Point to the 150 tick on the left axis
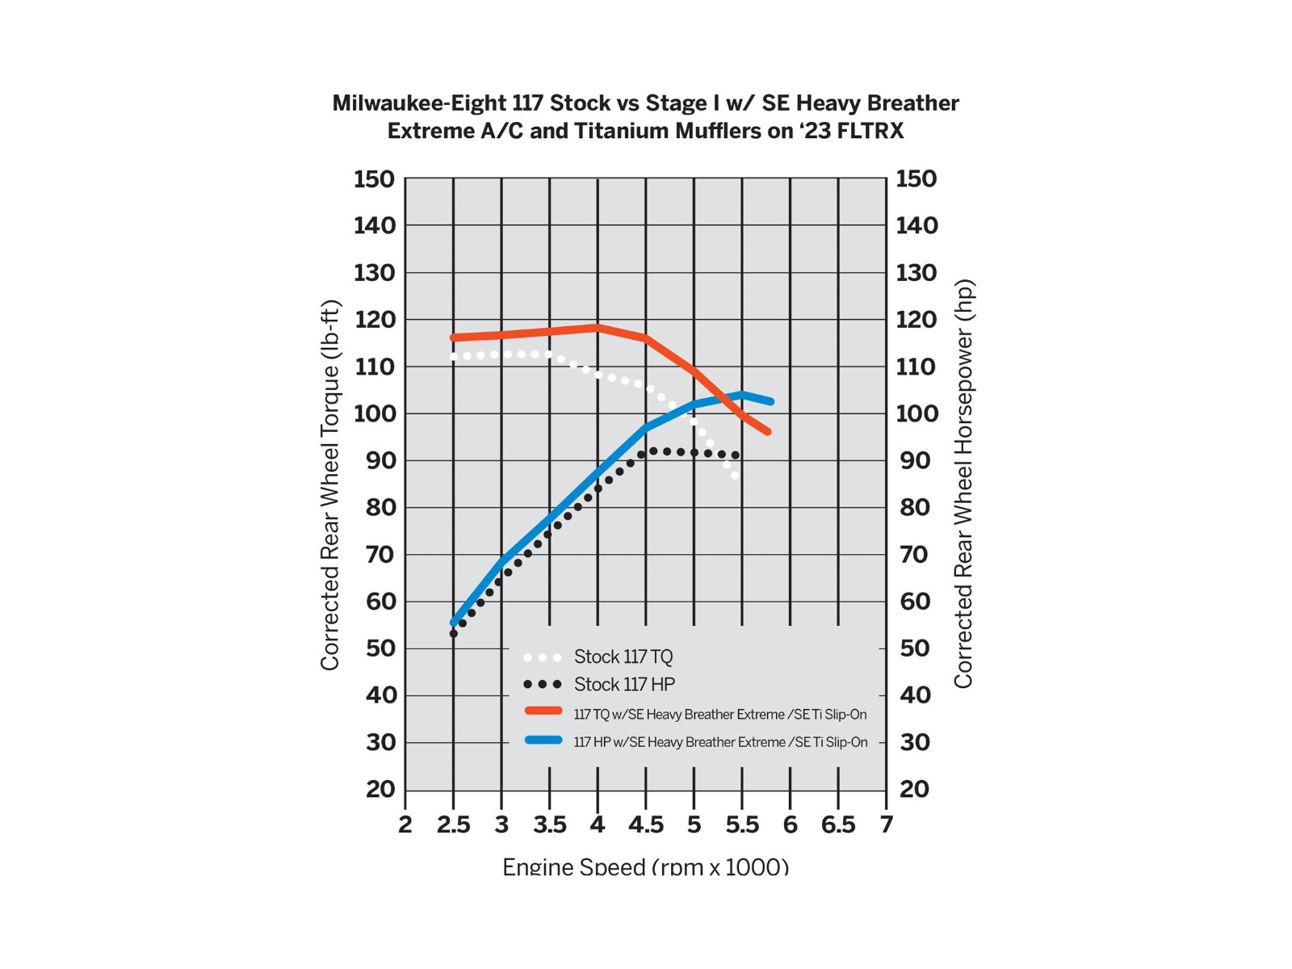coord(374,179)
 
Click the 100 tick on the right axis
coord(917,413)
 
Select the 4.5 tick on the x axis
coord(646,824)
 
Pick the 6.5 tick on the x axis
coord(838,824)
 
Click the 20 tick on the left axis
coord(380,789)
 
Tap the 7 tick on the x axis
coord(887,824)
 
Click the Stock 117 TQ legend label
coord(623,656)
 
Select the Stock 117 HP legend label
coord(624,685)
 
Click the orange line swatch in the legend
coord(543,711)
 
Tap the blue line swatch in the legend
coord(543,740)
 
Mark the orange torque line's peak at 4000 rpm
coord(598,327)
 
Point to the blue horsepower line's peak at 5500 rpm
coord(742,394)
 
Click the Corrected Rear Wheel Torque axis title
coord(330,484)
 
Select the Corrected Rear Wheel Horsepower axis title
coord(963,484)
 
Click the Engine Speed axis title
coord(645,867)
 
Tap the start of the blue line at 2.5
coord(454,623)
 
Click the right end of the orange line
coord(768,432)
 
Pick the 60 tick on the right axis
coord(916,602)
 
